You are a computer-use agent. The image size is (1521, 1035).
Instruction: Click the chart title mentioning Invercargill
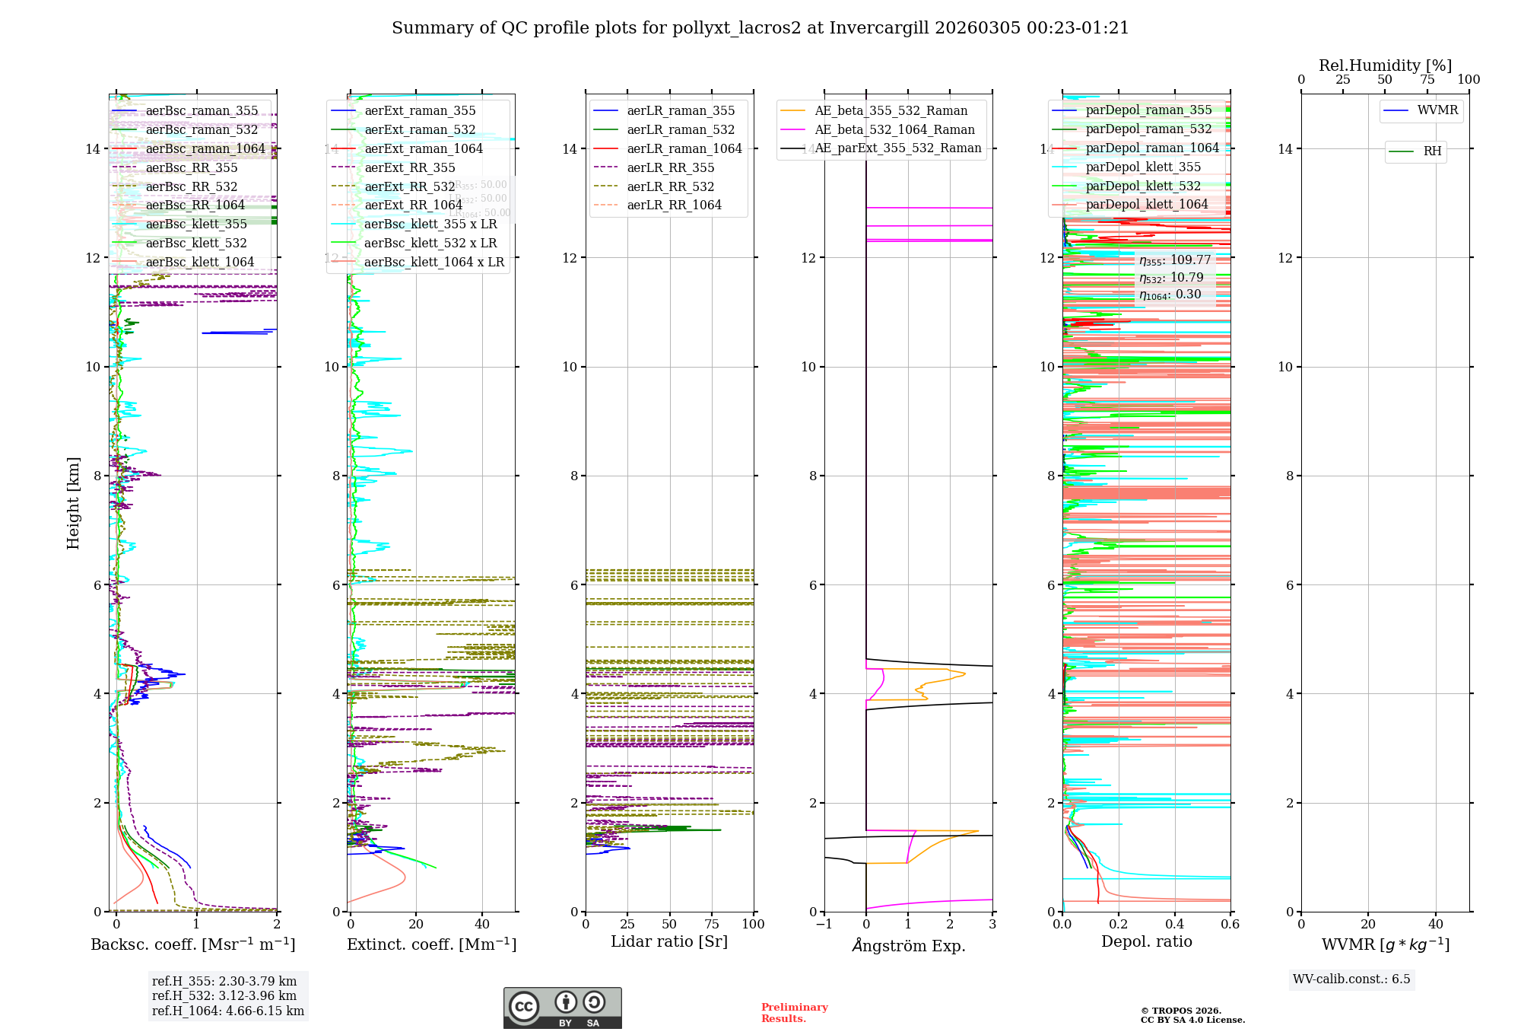(760, 28)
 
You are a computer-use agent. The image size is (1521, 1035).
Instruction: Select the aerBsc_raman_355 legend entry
(202, 111)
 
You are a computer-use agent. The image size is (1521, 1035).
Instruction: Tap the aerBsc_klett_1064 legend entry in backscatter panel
(199, 263)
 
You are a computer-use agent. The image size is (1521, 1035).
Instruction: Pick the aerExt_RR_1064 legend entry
(413, 205)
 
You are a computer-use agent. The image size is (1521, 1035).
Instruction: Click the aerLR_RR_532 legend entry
(670, 187)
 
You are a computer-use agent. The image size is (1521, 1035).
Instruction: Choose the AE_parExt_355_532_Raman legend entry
(897, 148)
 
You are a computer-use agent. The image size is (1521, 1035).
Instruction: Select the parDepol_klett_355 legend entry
(1142, 167)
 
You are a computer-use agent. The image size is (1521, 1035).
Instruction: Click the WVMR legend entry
(1437, 110)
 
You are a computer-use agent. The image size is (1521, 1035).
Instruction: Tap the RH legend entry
(1432, 151)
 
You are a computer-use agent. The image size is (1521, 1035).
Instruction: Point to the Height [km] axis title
(73, 503)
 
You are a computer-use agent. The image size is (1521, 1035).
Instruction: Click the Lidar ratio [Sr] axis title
(669, 942)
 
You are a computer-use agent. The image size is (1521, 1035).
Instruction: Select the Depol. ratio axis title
(1146, 942)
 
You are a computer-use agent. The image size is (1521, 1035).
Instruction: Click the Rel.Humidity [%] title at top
(1385, 65)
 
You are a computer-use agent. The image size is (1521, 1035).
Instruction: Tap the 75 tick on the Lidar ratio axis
(712, 925)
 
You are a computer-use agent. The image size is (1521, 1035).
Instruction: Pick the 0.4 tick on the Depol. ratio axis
(1174, 925)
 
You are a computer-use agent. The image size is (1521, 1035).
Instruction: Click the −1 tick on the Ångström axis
(824, 925)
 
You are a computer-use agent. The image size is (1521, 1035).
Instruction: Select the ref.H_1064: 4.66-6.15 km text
(227, 1011)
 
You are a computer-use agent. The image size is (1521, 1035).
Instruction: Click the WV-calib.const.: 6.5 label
(1351, 979)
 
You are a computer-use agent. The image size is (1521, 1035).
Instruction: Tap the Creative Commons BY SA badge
(562, 1008)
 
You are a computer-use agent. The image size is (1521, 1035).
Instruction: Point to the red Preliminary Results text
(794, 1013)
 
